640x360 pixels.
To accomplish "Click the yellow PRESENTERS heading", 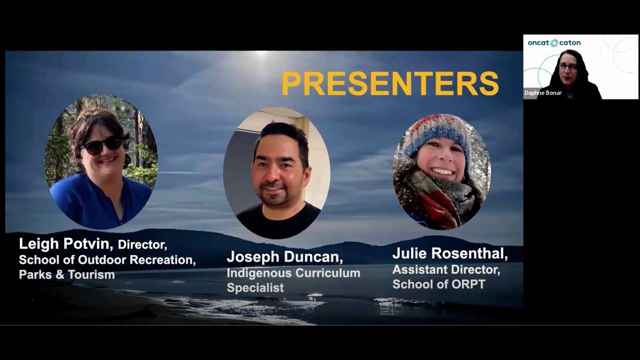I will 390,83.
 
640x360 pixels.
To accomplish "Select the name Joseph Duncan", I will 284,257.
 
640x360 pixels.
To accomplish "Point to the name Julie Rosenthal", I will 449,254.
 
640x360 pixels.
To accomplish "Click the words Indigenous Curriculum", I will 293,273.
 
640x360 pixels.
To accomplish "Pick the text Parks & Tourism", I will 66,274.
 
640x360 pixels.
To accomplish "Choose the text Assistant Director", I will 446,270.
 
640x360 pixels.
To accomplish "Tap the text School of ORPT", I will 438,284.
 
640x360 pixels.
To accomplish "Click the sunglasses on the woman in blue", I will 102,145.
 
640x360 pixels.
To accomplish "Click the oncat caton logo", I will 554,43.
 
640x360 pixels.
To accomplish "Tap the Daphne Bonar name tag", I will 543,93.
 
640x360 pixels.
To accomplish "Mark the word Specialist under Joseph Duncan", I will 255,287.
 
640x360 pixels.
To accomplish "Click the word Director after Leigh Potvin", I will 142,244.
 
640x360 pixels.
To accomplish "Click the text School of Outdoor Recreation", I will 107,260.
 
